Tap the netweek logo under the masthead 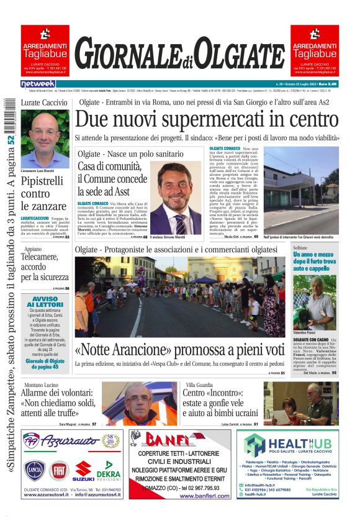[x=38, y=84]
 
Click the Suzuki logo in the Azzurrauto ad [x=83, y=471]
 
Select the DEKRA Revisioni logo [x=108, y=470]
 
